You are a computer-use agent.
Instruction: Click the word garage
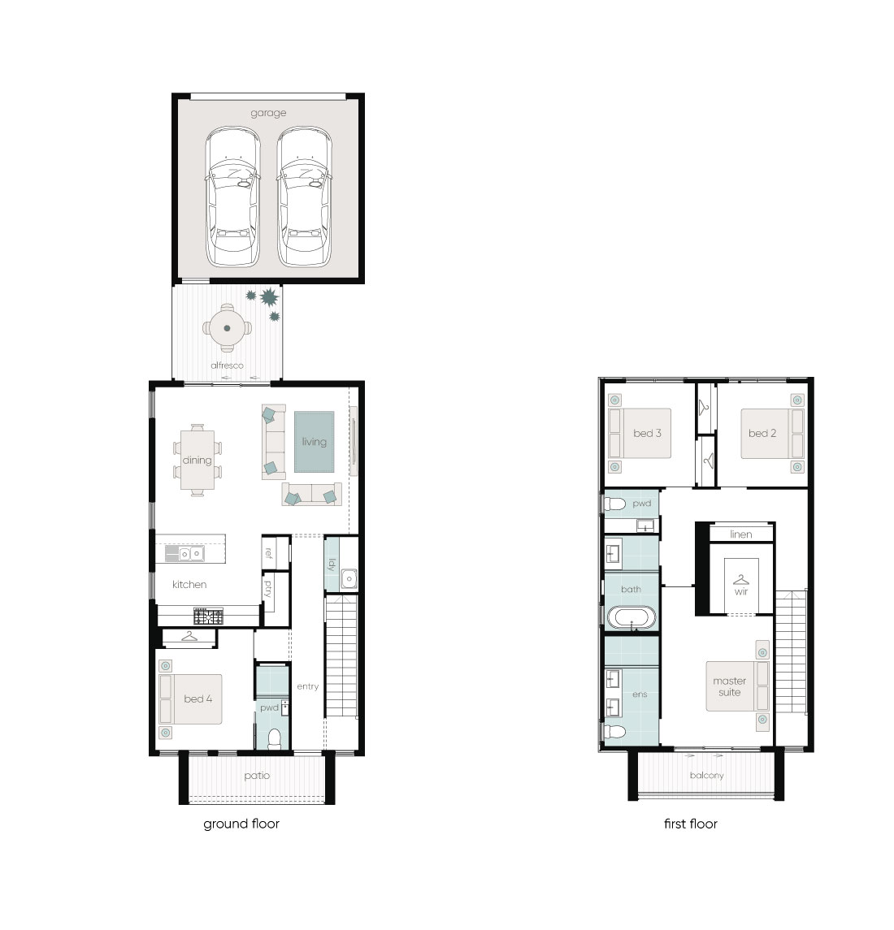268,113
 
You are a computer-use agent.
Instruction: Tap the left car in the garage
232,197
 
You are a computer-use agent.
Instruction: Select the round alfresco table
228,328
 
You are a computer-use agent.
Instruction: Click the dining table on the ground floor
197,460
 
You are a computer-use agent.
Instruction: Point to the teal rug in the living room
314,442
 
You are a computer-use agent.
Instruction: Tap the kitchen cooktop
208,616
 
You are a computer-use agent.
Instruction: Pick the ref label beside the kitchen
269,553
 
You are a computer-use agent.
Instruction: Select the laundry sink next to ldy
349,579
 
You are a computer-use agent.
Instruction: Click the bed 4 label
197,699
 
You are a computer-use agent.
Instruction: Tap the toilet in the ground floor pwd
274,739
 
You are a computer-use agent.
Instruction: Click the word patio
257,776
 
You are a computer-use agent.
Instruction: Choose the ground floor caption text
241,824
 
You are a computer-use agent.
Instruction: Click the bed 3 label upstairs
647,434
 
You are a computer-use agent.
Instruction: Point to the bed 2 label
762,434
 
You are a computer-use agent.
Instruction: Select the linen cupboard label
741,534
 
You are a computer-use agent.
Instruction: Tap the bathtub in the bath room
631,617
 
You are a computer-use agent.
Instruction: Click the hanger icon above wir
741,579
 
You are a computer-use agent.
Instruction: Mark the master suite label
730,687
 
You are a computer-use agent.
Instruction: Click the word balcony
706,776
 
